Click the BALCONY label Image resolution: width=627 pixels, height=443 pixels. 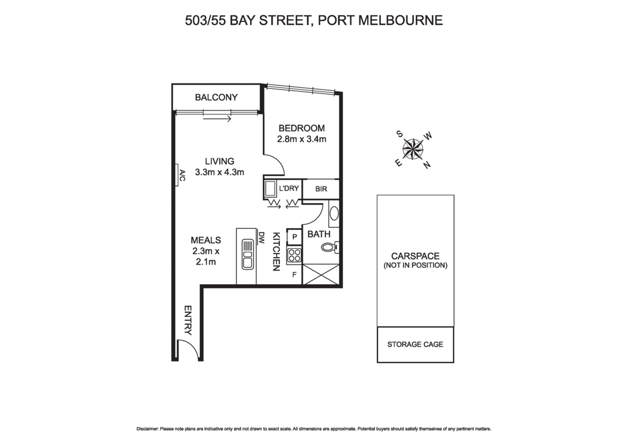tap(216, 97)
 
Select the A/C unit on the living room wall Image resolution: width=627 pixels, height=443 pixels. tap(181, 175)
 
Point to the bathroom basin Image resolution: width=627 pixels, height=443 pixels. tap(334, 214)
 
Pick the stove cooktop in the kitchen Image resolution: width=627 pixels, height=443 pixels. tap(294, 255)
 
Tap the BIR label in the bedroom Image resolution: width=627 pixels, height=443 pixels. tap(321, 189)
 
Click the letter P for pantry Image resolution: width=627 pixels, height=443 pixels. tap(294, 237)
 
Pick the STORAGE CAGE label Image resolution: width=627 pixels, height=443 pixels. tap(415, 344)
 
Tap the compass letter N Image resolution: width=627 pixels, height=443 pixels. tap(426, 166)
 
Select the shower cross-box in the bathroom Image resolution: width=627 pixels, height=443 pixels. tap(321, 274)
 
